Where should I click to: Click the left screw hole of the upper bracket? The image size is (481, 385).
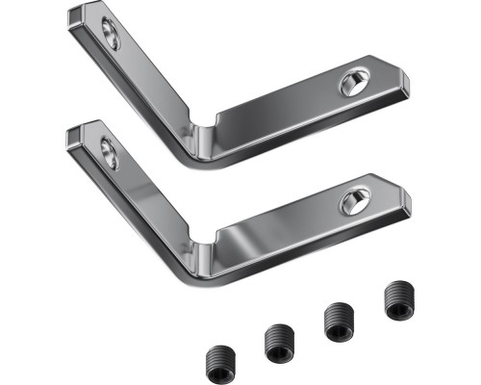(x=111, y=38)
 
